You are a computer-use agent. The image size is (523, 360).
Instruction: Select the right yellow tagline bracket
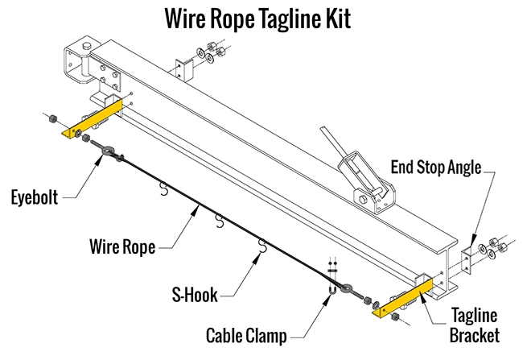(x=402, y=297)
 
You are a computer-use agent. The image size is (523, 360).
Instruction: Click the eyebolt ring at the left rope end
(x=107, y=150)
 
